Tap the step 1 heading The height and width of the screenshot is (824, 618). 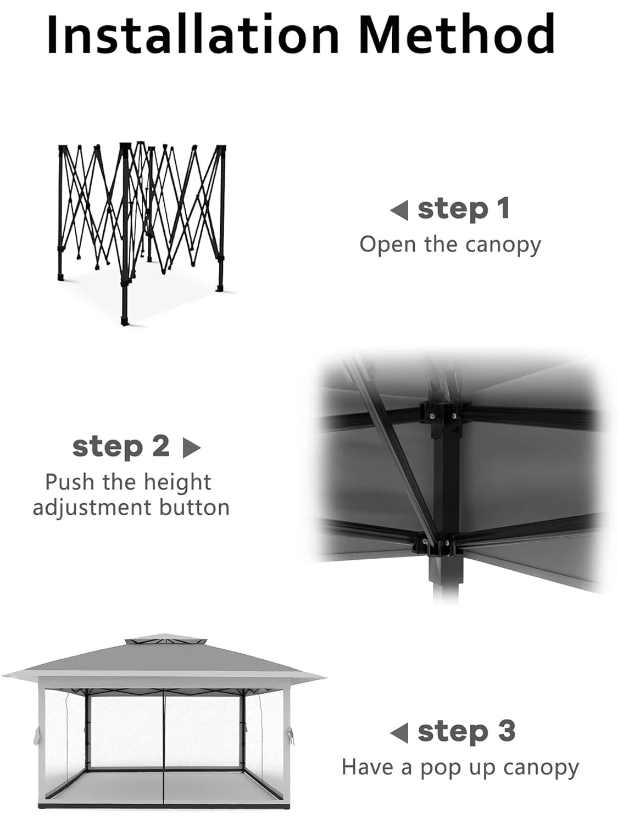[x=463, y=209]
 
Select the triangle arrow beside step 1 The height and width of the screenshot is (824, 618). [x=399, y=210]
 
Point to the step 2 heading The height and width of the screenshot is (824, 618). [x=121, y=447]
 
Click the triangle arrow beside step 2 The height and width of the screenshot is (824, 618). [x=191, y=448]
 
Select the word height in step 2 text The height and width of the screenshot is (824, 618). [x=177, y=482]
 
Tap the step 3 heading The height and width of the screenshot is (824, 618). [x=466, y=731]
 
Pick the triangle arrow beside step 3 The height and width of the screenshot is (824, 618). [x=399, y=732]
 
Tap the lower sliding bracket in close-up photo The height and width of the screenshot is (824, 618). [x=434, y=545]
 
